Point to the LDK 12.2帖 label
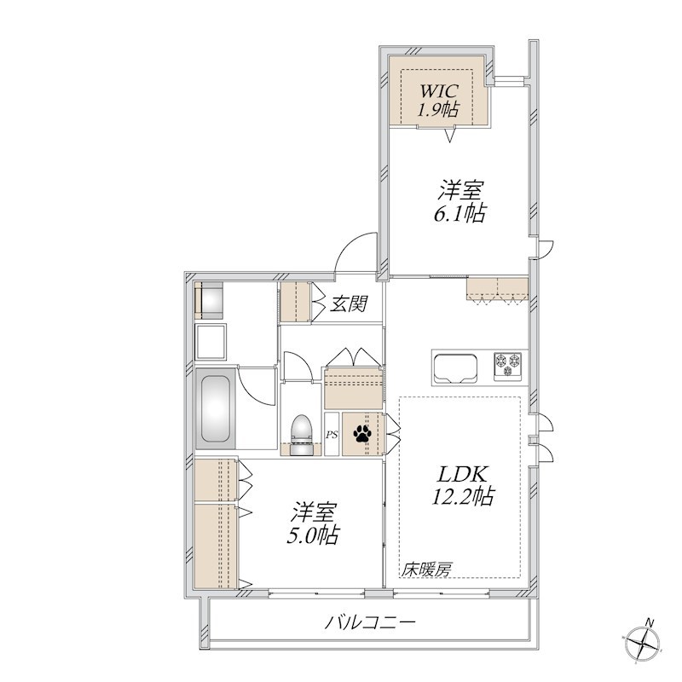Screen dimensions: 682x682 point(463,486)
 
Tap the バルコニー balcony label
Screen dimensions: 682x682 point(370,623)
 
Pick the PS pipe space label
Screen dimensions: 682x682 point(332,435)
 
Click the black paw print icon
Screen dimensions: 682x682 point(363,433)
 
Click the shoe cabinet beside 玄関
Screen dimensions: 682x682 point(295,302)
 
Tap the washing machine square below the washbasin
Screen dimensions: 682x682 point(212,341)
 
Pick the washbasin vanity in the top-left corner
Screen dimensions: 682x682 point(210,300)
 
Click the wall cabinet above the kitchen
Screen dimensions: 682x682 point(497,289)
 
